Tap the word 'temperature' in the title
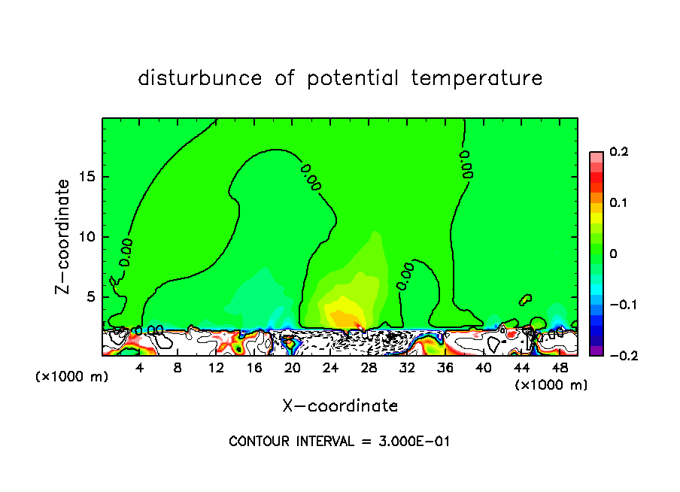point(476,78)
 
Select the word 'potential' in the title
point(351,78)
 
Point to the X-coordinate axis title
point(340,406)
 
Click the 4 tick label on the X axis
point(140,368)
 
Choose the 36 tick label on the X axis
point(445,368)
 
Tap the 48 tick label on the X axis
point(560,368)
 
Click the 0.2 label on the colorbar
point(618,152)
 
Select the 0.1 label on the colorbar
point(618,203)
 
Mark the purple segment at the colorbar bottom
point(597,351)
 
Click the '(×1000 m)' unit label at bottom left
point(72,377)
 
